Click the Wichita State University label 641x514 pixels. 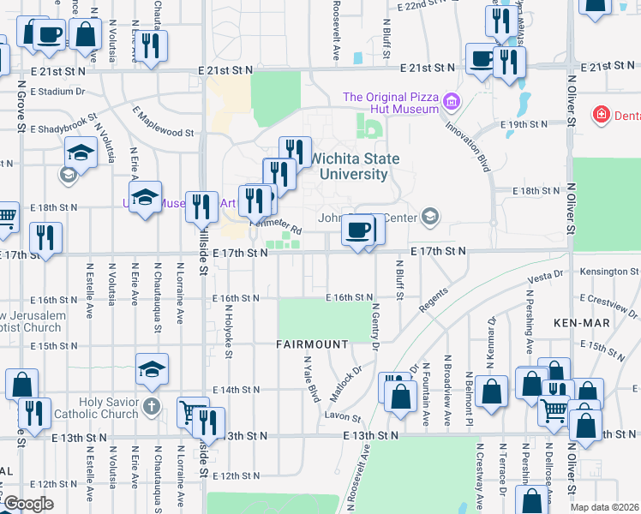click(348, 166)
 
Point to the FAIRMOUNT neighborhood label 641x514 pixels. click(312, 344)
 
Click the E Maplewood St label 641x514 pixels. click(163, 122)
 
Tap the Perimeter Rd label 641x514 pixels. click(276, 226)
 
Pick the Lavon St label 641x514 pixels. click(344, 417)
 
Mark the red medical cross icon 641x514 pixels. click(602, 114)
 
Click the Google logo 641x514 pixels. click(27, 504)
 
